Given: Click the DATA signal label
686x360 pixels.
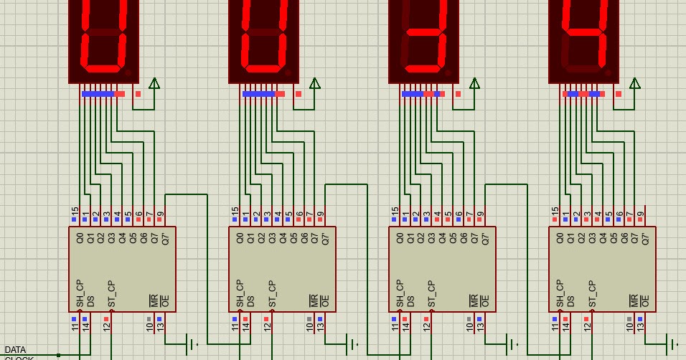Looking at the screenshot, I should [x=15, y=349].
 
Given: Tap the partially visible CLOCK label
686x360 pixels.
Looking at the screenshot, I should [x=19, y=357].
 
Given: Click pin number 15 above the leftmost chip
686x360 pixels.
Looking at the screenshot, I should [x=75, y=213].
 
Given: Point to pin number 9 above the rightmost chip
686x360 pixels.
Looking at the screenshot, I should [x=641, y=214].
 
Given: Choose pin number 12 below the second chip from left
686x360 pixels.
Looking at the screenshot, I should [x=267, y=327].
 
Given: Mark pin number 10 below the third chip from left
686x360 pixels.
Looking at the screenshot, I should [x=470, y=327].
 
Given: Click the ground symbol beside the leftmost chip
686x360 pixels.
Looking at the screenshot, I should [x=192, y=344].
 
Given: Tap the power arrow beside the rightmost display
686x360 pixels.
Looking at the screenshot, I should [x=634, y=84].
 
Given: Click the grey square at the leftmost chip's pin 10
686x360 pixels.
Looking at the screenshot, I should [x=149, y=319].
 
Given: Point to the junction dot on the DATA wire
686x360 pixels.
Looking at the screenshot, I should [x=59, y=355].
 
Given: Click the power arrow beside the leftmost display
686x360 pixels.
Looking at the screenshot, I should [x=154, y=84].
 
